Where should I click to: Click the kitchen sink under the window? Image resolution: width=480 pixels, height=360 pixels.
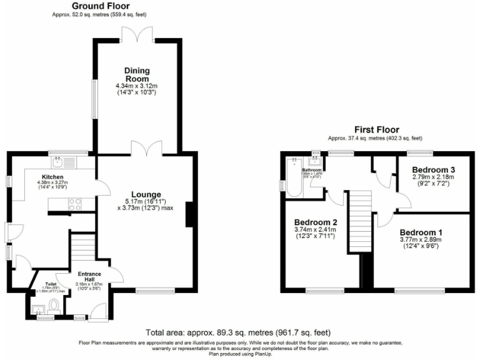coord(61,162)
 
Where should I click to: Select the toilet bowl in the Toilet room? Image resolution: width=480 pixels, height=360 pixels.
coord(53,306)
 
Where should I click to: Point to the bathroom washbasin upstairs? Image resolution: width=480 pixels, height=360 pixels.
coord(314,161)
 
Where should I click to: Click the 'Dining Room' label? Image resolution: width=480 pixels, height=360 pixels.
coord(136,74)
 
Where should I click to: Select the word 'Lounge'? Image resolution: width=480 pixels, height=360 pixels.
coord(146,194)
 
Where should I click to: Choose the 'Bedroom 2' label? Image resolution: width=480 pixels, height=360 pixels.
coord(315,222)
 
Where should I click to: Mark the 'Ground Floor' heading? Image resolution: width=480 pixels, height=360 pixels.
coord(101,5)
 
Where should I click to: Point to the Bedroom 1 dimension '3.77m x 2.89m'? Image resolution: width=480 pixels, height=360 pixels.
coord(421,239)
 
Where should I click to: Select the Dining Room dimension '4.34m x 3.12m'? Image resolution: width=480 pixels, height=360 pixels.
coord(136,86)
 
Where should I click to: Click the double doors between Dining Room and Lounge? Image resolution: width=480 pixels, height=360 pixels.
coord(146,148)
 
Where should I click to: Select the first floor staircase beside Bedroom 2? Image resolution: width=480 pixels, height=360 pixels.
coord(359,222)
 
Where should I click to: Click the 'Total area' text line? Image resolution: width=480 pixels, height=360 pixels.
coord(238,332)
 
